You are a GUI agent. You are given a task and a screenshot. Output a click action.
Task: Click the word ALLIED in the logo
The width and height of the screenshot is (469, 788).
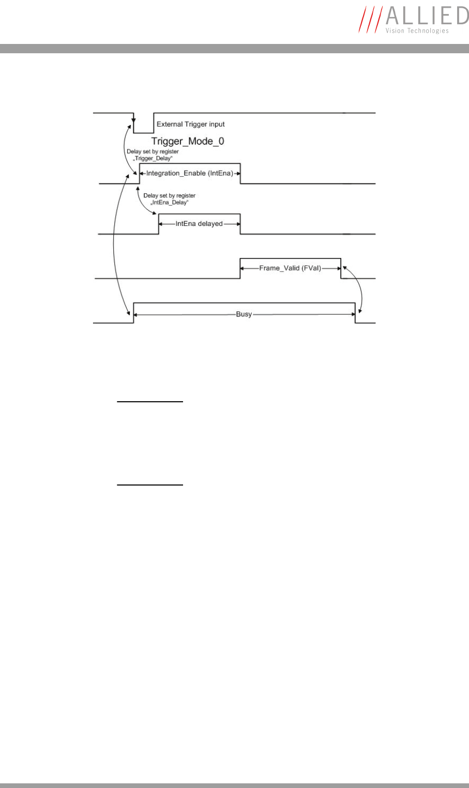(427, 16)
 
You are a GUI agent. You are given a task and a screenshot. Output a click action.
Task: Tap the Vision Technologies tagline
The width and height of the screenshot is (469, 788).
(417, 31)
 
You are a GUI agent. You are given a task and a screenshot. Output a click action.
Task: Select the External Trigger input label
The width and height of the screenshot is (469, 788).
(190, 125)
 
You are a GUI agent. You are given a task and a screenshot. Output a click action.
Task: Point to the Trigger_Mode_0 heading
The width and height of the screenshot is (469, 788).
(188, 141)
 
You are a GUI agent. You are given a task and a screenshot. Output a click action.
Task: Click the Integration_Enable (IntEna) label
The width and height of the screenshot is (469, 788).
(190, 173)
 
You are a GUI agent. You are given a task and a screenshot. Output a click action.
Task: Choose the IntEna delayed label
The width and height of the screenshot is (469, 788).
(199, 224)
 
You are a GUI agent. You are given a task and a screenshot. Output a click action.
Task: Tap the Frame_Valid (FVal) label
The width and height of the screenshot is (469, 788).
(290, 268)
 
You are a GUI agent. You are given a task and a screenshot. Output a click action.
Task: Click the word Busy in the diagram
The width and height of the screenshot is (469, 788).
(244, 314)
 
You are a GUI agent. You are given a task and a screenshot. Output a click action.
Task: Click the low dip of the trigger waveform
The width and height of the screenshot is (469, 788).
(144, 132)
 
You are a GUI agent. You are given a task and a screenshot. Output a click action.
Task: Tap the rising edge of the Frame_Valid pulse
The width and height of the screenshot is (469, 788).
(240, 268)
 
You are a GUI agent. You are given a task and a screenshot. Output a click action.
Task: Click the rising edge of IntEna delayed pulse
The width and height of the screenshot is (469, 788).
(159, 224)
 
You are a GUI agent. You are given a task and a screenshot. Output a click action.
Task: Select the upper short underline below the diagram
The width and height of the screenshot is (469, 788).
(150, 401)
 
